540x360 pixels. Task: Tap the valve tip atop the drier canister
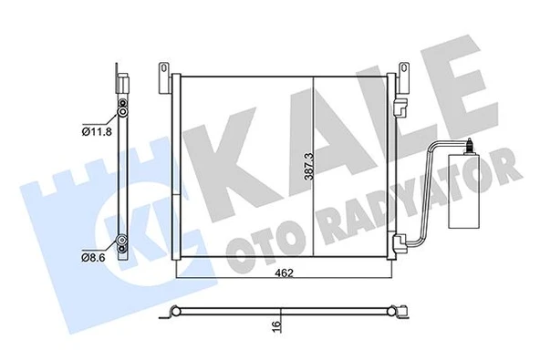click(x=467, y=144)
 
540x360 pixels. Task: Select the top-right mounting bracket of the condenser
click(x=403, y=71)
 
